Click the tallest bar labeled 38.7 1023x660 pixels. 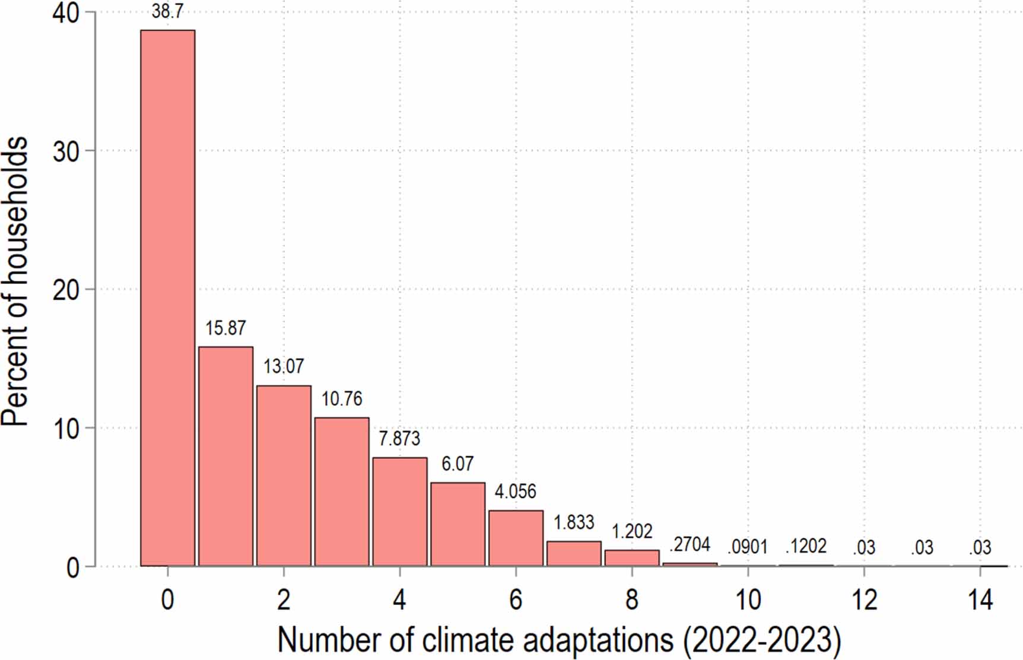click(167, 297)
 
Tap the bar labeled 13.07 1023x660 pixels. click(284, 475)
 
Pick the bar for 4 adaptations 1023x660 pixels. click(400, 511)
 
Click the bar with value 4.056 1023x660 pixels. click(516, 538)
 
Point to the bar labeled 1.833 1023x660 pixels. click(574, 553)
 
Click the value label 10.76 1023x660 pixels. click(342, 399)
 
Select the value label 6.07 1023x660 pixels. click(458, 464)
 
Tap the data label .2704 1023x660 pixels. click(690, 544)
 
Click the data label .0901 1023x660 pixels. click(748, 547)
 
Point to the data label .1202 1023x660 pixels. click(806, 546)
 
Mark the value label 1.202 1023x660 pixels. click(632, 531)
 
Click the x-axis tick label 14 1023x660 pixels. click(980, 600)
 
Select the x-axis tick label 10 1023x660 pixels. click(748, 600)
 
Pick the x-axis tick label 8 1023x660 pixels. click(632, 600)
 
